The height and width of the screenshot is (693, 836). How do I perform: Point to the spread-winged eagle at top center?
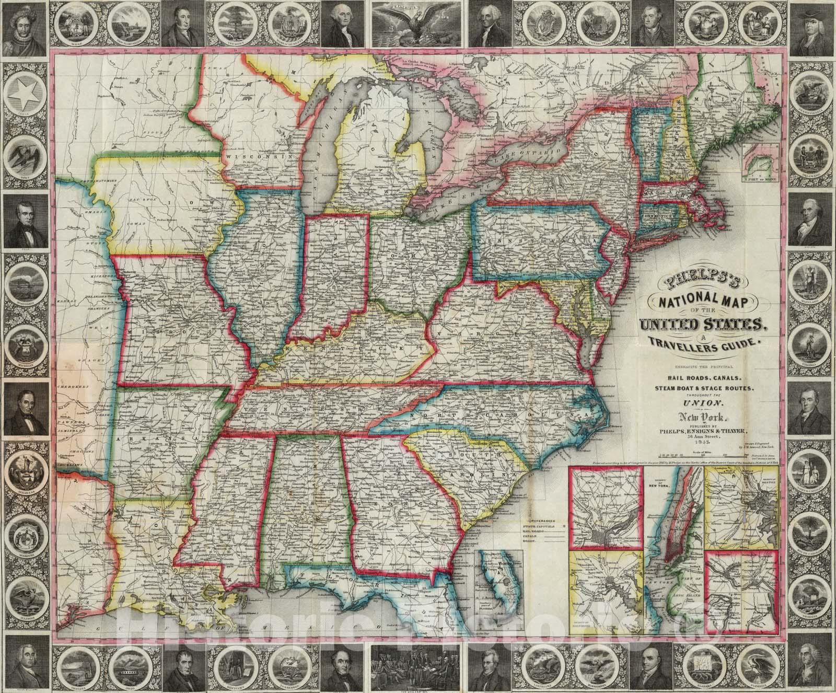point(418,24)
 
